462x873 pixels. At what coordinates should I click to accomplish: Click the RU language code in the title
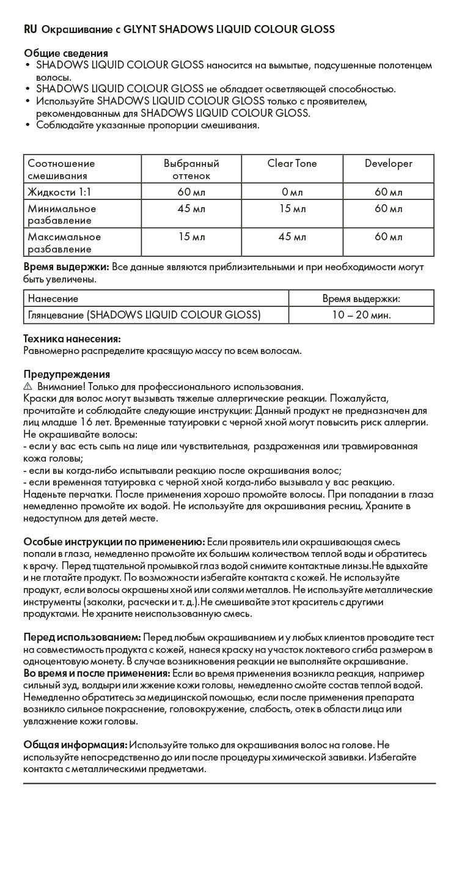tap(30, 29)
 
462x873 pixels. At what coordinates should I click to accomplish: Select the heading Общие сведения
tap(66, 53)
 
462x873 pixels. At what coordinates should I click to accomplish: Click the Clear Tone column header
tap(292, 164)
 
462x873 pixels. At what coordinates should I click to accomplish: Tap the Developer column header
tap(388, 164)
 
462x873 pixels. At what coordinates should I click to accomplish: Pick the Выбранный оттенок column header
tap(191, 169)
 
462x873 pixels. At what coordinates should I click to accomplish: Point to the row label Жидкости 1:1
tap(60, 193)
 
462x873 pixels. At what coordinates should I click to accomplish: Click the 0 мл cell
tap(292, 193)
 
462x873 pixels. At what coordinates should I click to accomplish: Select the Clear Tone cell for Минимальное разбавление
tap(292, 209)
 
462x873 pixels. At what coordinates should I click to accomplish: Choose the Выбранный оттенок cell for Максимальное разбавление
tap(191, 237)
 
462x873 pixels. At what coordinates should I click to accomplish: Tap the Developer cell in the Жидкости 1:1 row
tap(388, 193)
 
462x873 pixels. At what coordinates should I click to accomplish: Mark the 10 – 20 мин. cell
tap(361, 315)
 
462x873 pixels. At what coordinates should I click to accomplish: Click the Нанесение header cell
tap(53, 299)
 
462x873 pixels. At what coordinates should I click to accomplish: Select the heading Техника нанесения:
tap(71, 339)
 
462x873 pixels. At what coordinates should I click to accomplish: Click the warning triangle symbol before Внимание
tap(28, 387)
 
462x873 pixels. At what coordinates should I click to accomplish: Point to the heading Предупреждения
tap(67, 374)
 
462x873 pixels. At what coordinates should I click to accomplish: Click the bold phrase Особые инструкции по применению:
tap(114, 542)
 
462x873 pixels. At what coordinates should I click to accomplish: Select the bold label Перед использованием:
tap(82, 637)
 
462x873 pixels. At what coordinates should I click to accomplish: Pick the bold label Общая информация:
tap(75, 745)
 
